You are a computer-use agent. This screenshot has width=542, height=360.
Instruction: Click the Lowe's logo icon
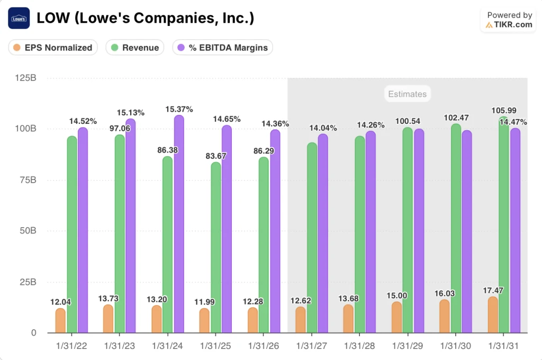[19, 19]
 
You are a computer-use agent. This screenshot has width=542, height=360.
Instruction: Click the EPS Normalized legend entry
[53, 48]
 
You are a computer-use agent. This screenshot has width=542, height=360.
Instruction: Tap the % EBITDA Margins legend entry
[222, 48]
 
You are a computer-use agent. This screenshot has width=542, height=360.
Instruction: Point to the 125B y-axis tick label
[26, 78]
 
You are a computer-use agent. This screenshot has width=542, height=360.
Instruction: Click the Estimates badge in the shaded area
[407, 94]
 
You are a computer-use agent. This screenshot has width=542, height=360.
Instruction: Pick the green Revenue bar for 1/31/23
[120, 233]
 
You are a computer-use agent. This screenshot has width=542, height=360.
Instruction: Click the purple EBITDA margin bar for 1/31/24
[179, 222]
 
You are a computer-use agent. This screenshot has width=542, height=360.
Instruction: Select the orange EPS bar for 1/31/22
[60, 321]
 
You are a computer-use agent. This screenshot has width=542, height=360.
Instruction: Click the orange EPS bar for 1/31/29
[396, 317]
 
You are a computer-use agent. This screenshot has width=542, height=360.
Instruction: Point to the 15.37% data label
[179, 109]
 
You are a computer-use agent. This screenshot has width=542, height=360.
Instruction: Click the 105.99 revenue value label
[503, 110]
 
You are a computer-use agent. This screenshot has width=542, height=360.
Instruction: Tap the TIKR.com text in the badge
[513, 24]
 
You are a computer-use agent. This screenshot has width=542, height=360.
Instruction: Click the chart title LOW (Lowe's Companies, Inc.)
[145, 19]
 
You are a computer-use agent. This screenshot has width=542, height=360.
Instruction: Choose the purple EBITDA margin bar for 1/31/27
[323, 233]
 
